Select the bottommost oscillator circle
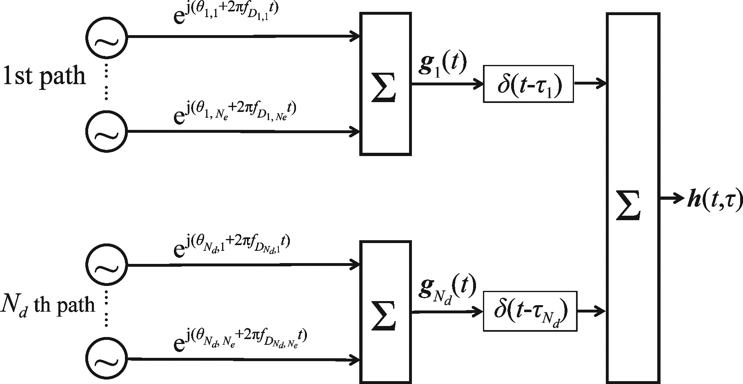click(107, 359)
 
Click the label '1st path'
click(44, 76)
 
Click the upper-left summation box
click(385, 84)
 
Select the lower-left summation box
click(385, 312)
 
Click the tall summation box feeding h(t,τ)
click(633, 198)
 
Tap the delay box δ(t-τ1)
click(528, 84)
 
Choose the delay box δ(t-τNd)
click(530, 311)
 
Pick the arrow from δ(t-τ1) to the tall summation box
click(590, 84)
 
